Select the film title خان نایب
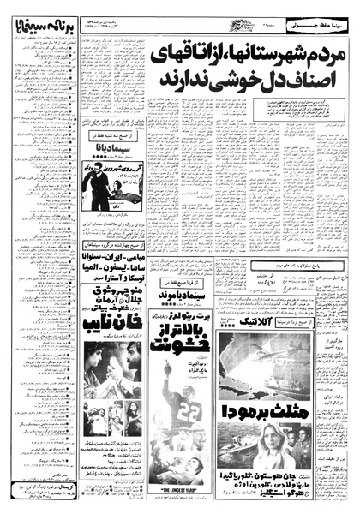(111, 330)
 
